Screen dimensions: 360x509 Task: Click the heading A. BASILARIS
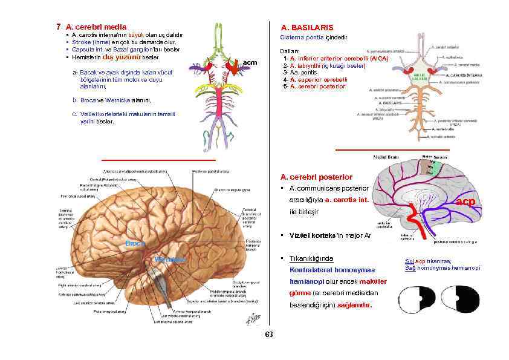pos(306,28)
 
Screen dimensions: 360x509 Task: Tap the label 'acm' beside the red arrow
pos(249,62)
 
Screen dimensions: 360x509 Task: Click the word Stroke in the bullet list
pos(82,42)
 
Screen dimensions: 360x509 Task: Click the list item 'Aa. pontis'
pos(300,73)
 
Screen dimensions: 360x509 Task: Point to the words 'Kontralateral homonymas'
pos(332,270)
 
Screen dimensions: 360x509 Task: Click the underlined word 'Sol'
pos(408,261)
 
